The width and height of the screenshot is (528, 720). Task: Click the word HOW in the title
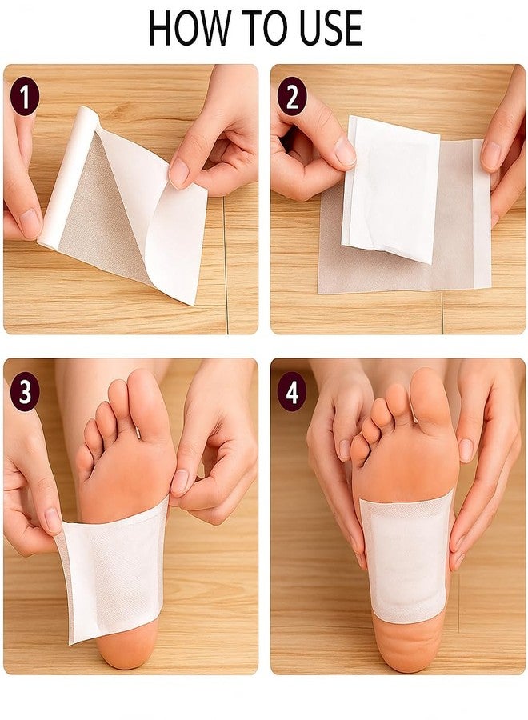pos(189,28)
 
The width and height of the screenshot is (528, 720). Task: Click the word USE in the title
pos(328,28)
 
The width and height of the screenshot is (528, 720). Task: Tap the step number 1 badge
pos(25,97)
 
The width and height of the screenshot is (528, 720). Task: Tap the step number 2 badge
pos(291,97)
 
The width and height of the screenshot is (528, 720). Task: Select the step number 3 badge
pos(25,393)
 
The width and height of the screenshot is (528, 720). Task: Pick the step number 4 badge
pos(291,393)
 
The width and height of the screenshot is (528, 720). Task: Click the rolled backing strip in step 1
pos(69,177)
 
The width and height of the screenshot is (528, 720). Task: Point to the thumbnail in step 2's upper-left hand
pos(345,151)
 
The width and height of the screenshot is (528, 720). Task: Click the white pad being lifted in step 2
pos(390,188)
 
